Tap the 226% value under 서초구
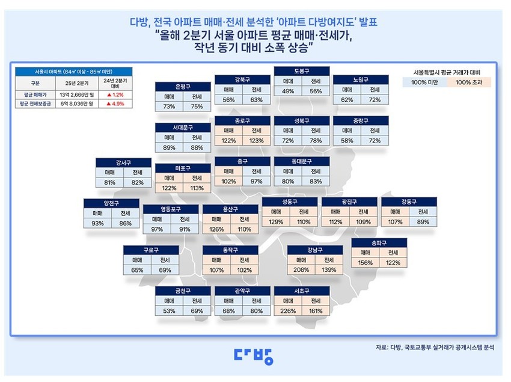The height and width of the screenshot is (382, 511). [x=288, y=311]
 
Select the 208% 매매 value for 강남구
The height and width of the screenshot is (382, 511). [x=301, y=271]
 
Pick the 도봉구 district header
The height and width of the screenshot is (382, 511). [x=302, y=70]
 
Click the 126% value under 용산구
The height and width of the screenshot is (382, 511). [x=216, y=229]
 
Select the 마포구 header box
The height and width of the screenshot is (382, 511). [x=183, y=168]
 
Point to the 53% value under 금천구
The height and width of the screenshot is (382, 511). [x=170, y=311]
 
